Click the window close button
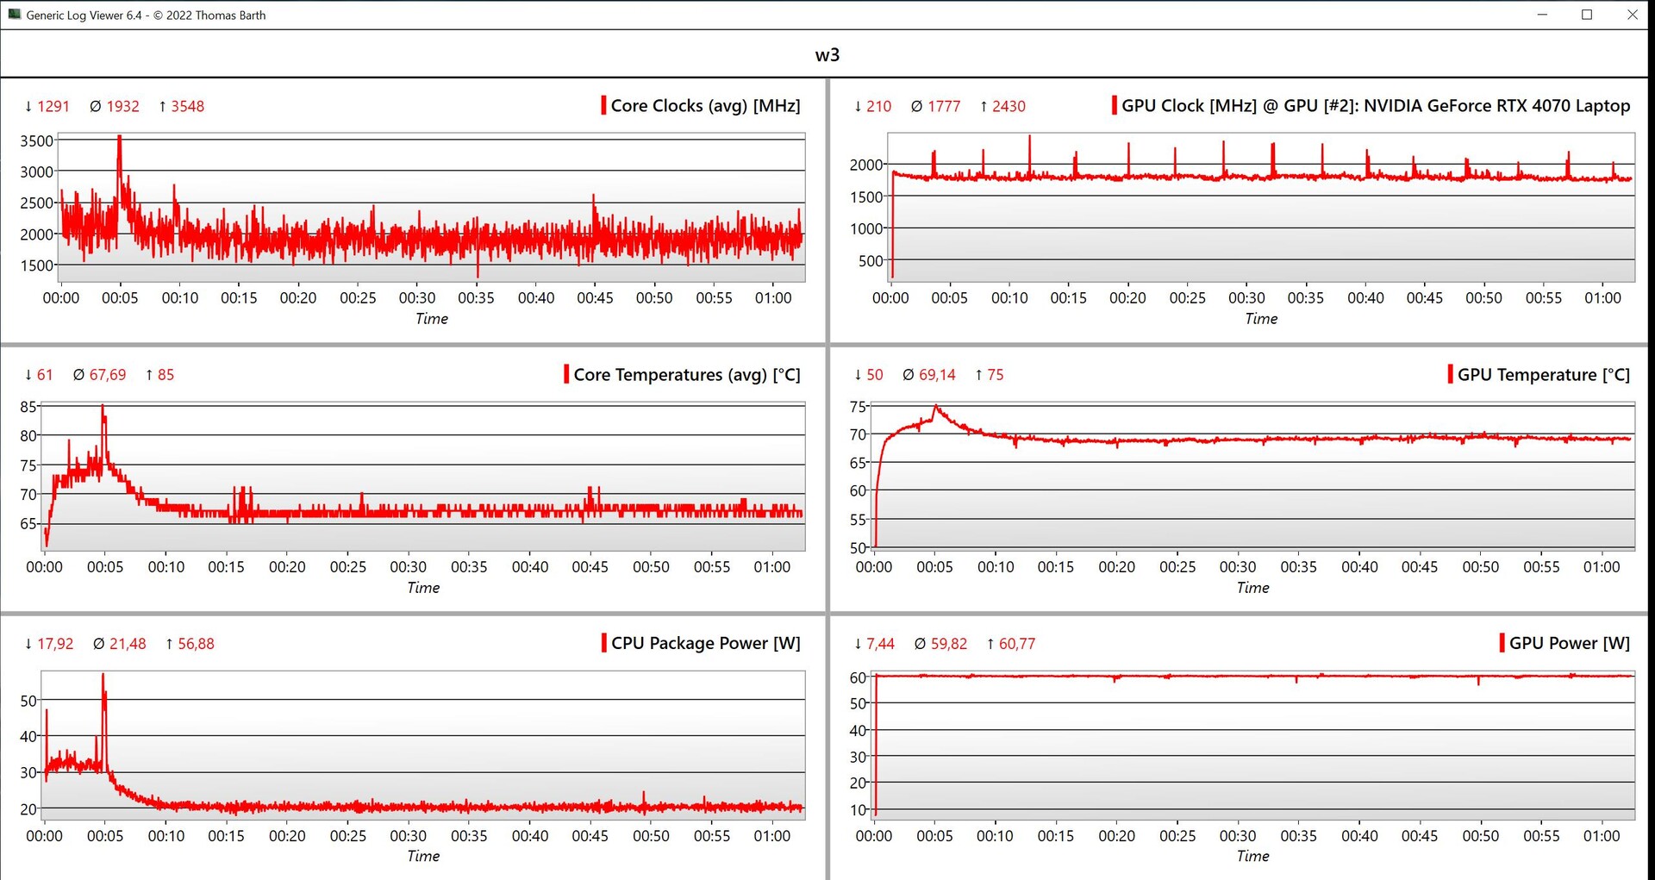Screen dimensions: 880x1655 (1632, 15)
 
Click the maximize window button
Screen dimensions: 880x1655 (1587, 15)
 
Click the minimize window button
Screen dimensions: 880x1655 (1542, 15)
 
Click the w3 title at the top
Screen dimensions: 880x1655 (827, 55)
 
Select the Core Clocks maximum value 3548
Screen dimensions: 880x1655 (187, 107)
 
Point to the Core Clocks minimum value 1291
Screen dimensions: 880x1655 (53, 107)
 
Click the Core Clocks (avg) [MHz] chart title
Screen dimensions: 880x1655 (705, 106)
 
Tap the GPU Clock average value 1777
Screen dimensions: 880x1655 (944, 107)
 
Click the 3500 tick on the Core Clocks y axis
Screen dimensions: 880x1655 (36, 140)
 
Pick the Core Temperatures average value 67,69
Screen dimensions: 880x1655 (108, 375)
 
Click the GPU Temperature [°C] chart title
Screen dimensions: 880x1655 (1543, 375)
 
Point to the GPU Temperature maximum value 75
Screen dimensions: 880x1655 (995, 375)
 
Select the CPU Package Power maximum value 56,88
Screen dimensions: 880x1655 (196, 644)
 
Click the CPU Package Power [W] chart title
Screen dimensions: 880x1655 (705, 643)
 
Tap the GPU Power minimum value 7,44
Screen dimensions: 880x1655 (880, 644)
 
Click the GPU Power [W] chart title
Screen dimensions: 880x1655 (1569, 643)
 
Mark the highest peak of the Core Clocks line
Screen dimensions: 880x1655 (120, 136)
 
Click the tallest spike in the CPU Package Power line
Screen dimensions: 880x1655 (103, 675)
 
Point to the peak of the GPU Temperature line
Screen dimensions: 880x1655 (935, 407)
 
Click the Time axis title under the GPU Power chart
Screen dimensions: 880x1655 (1252, 856)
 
